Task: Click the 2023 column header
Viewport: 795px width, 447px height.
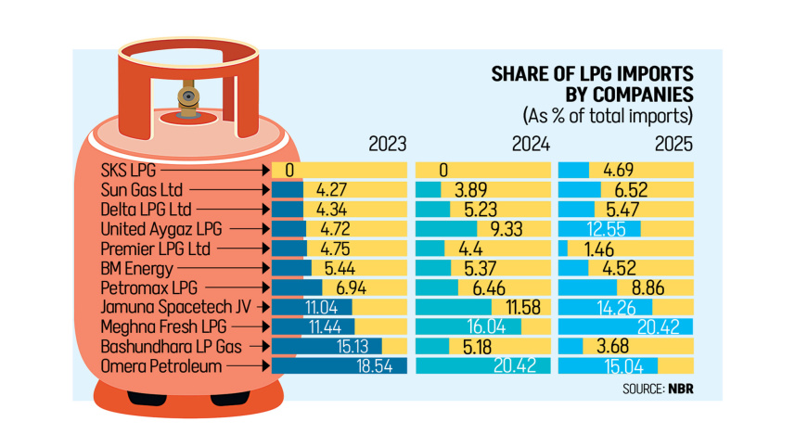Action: [387, 145]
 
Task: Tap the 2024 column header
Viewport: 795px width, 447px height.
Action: [531, 145]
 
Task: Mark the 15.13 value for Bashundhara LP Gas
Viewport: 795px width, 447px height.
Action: [359, 347]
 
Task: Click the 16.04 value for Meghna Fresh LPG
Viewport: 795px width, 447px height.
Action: [494, 327]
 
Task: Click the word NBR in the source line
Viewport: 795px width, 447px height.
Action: [680, 389]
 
